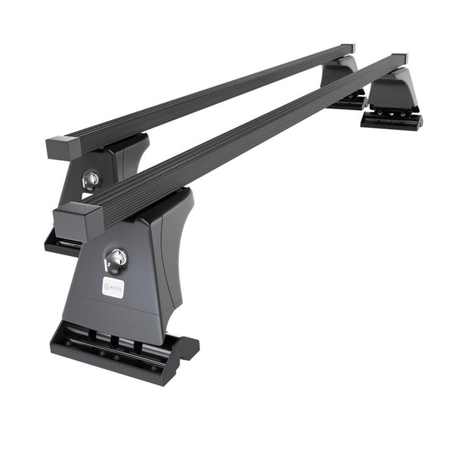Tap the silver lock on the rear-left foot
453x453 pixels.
(91, 180)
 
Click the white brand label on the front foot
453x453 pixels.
(112, 287)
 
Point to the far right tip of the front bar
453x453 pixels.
(400, 59)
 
